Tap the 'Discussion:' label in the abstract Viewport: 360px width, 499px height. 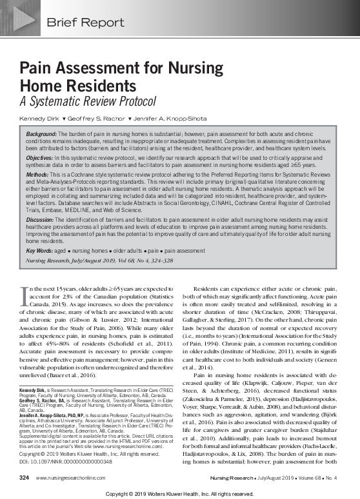pos(42,220)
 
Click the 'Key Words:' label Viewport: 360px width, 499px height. pos(41,249)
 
